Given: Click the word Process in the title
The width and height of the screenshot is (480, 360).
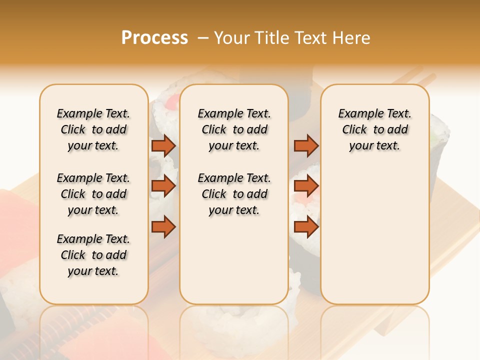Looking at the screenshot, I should click(x=154, y=38).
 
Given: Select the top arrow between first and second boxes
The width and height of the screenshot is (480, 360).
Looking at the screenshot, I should click(x=163, y=145).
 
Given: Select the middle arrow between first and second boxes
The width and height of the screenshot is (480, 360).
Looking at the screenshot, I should click(x=163, y=186).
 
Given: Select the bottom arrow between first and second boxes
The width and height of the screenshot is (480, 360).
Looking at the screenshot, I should click(x=163, y=227).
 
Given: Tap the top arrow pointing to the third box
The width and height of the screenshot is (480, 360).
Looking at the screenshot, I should click(x=305, y=145).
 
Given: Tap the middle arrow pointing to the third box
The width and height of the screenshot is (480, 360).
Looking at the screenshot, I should click(x=305, y=186).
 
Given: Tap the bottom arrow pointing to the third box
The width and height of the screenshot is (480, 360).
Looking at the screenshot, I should click(x=305, y=227).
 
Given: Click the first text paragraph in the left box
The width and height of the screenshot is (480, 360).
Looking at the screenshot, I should click(x=93, y=129).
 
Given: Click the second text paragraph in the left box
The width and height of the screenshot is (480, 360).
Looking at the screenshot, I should click(x=93, y=194).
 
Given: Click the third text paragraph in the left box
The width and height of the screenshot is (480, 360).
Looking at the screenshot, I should click(x=93, y=255).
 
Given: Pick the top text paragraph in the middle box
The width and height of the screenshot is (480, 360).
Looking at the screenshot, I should click(x=234, y=129).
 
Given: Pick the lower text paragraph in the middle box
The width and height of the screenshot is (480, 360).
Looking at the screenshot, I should click(x=234, y=194).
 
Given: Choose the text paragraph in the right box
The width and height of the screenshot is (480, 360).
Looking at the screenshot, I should click(x=374, y=129).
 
